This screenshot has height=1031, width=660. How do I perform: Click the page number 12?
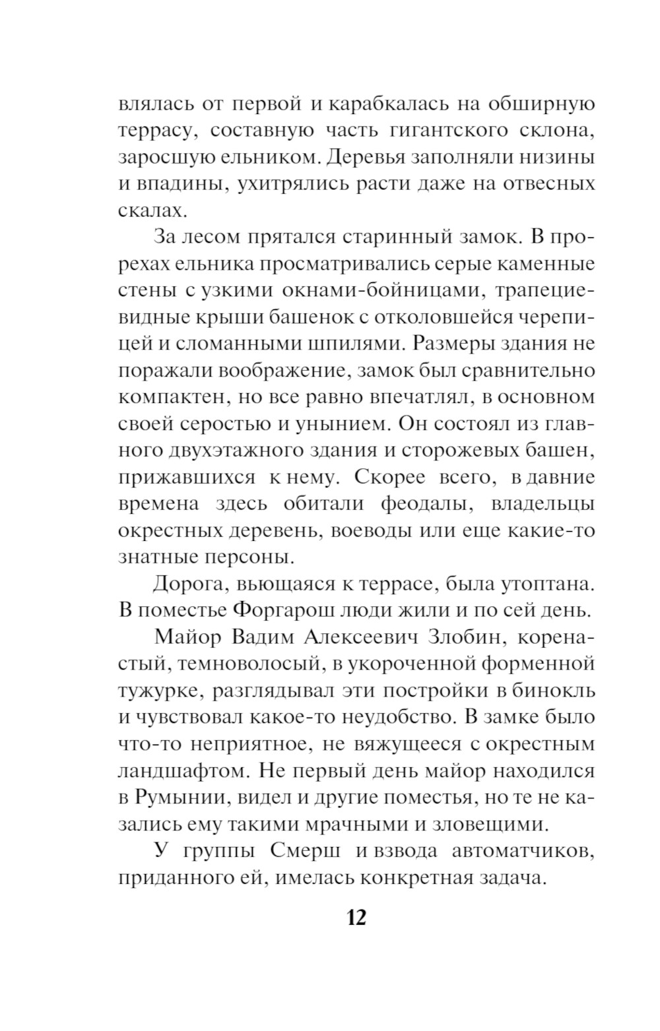click(x=356, y=918)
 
